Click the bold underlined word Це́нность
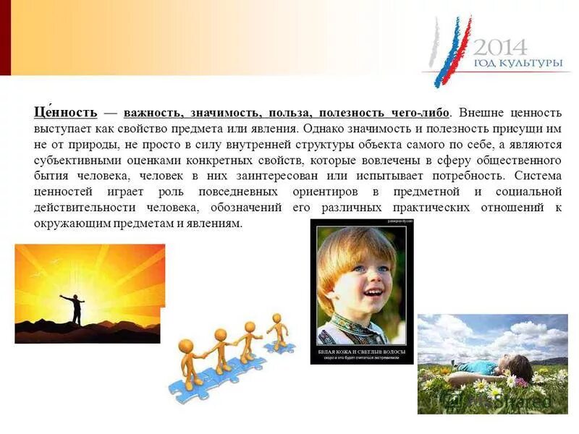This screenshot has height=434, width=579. (x=64, y=113)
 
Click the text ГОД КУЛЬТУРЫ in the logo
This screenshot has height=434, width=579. (x=517, y=64)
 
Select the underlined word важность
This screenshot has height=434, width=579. (x=153, y=113)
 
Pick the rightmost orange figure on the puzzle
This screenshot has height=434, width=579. (x=276, y=328)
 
